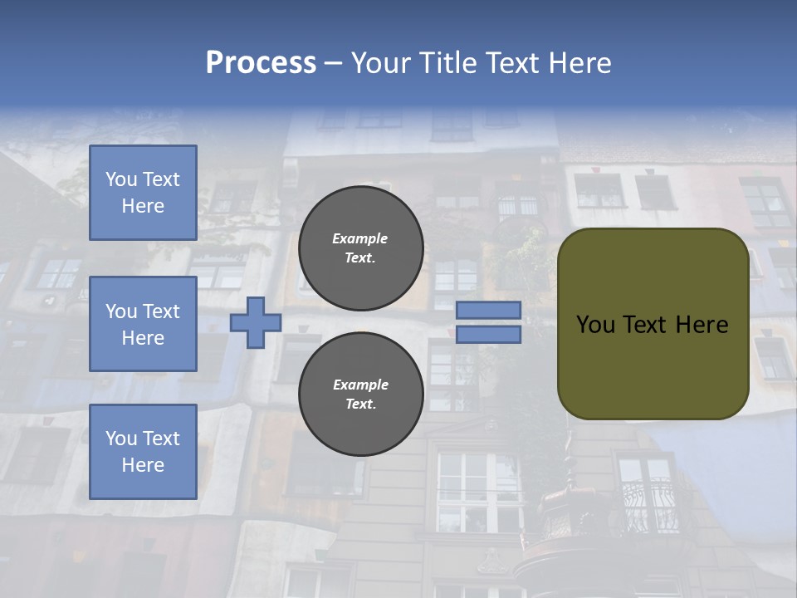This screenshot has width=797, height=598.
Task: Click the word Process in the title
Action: pyautogui.click(x=261, y=63)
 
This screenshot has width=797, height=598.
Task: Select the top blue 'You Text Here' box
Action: pyautogui.click(x=143, y=193)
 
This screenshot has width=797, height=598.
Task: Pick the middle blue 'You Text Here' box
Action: pyautogui.click(x=143, y=324)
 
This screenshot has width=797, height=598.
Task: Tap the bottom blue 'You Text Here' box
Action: pyautogui.click(x=143, y=452)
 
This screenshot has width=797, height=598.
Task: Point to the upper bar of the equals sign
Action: pyautogui.click(x=488, y=310)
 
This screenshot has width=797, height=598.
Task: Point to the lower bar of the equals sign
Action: pyautogui.click(x=488, y=335)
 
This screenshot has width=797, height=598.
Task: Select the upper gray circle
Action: pyautogui.click(x=360, y=248)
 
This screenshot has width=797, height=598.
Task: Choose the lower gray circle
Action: pyautogui.click(x=360, y=395)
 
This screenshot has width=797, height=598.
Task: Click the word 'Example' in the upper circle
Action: pyautogui.click(x=359, y=238)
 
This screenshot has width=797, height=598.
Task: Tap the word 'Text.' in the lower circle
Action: pyautogui.click(x=360, y=404)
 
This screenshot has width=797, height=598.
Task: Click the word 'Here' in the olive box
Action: pyautogui.click(x=702, y=325)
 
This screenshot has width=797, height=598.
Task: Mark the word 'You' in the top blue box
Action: pyautogui.click(x=121, y=179)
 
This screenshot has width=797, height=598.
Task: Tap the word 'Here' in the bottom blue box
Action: pyautogui.click(x=143, y=465)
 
